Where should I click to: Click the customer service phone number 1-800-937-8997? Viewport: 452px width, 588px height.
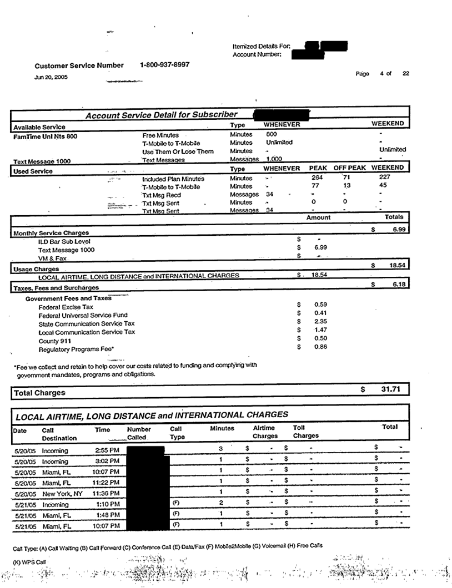pos(165,65)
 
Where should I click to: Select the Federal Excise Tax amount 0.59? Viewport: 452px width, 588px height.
pos(321,305)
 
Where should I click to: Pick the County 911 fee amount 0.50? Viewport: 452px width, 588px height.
pos(321,339)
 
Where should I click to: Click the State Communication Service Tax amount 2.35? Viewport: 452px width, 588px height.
pos(321,322)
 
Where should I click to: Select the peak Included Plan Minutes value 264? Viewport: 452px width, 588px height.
pos(317,178)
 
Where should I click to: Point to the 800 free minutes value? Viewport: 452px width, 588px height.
pos(271,134)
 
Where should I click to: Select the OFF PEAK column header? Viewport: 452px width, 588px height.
pos(348,168)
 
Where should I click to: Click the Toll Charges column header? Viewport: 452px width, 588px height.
pos(305,432)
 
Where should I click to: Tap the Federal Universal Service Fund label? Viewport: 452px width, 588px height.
pos(83,315)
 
